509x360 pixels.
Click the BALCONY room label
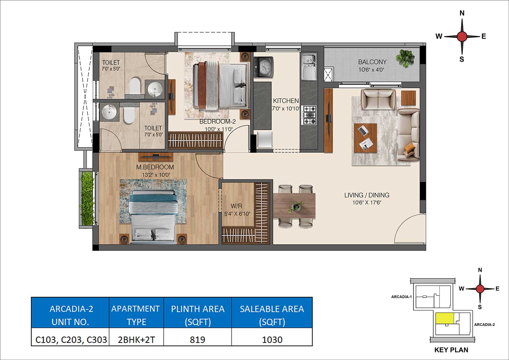[372, 62]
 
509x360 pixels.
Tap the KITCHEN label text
[286, 101]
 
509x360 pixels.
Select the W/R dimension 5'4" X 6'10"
[237, 214]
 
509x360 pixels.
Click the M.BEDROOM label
[155, 167]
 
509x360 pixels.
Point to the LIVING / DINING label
[367, 195]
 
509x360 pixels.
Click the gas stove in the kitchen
[309, 115]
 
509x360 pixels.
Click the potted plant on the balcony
[405, 58]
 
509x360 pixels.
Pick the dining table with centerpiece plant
[294, 206]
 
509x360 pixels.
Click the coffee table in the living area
[365, 138]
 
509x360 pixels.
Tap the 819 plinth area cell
[197, 339]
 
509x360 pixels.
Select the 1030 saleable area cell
[272, 339]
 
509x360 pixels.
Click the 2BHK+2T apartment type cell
[136, 339]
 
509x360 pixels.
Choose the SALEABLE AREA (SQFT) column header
[272, 315]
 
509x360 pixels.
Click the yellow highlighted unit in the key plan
[445, 318]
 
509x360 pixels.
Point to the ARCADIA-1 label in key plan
[401, 297]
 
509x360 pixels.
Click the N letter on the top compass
[462, 13]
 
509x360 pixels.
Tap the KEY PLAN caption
[451, 350]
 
